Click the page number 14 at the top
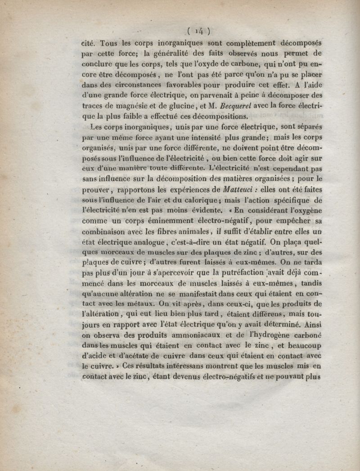click(x=198, y=31)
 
